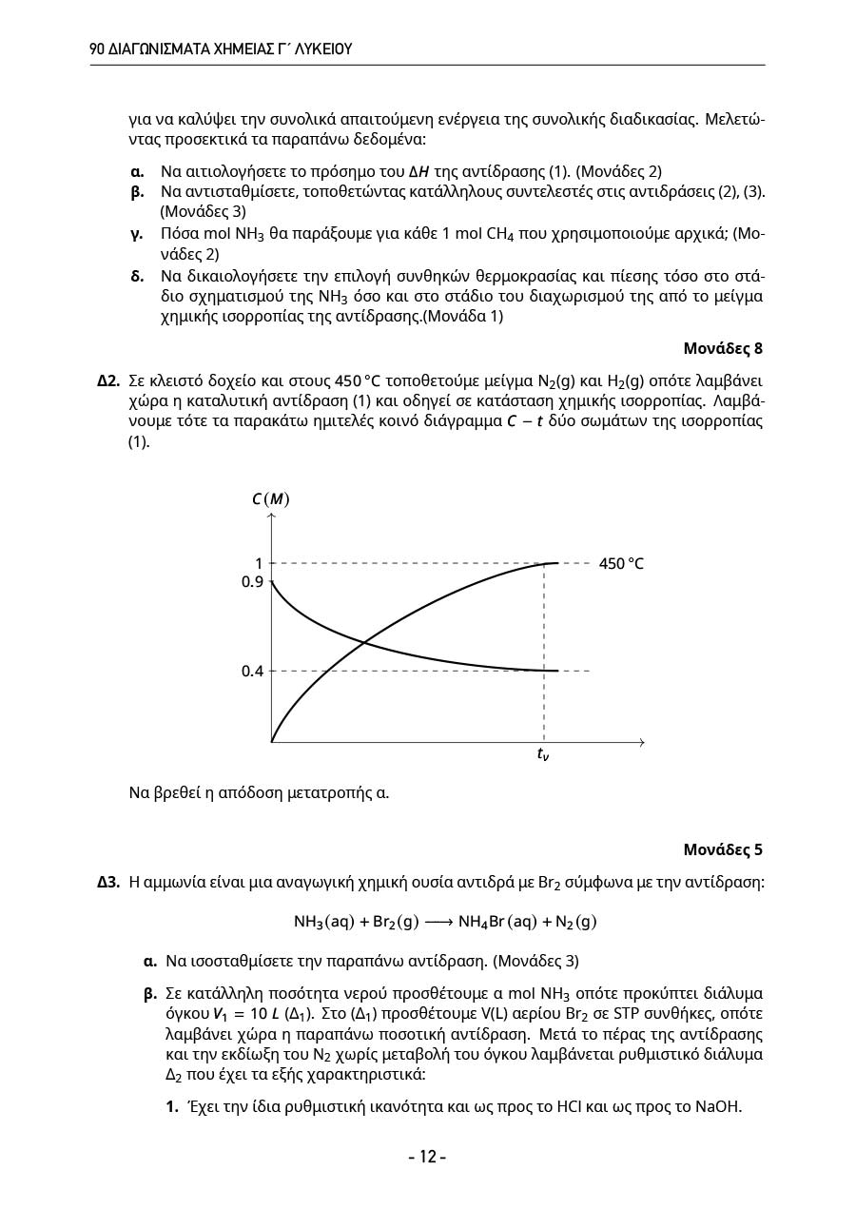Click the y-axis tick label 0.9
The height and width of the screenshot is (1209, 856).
(252, 581)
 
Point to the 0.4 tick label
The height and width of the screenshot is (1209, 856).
(252, 671)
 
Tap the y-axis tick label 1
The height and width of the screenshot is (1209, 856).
(258, 563)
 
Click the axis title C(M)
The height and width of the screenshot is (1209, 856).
(271, 499)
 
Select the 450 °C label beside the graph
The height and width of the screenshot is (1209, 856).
(621, 564)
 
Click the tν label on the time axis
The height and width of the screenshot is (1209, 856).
(542, 756)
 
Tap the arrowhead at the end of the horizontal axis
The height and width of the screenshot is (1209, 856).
(642, 742)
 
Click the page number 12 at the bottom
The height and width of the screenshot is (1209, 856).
(427, 1157)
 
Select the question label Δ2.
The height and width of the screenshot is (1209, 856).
(108, 381)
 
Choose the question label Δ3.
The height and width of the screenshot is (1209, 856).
(108, 882)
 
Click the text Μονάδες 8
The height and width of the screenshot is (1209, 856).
(723, 348)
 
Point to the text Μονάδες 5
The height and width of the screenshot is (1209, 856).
(723, 849)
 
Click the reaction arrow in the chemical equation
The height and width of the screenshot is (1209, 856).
(438, 922)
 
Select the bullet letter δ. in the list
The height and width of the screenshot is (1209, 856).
(137, 277)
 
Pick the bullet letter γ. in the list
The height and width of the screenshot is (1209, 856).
(136, 233)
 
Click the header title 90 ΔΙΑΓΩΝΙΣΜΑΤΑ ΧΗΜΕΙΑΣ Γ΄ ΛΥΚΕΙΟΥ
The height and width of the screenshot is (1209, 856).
(221, 49)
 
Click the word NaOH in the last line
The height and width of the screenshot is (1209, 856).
(718, 1106)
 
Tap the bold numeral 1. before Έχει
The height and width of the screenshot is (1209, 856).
(172, 1106)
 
